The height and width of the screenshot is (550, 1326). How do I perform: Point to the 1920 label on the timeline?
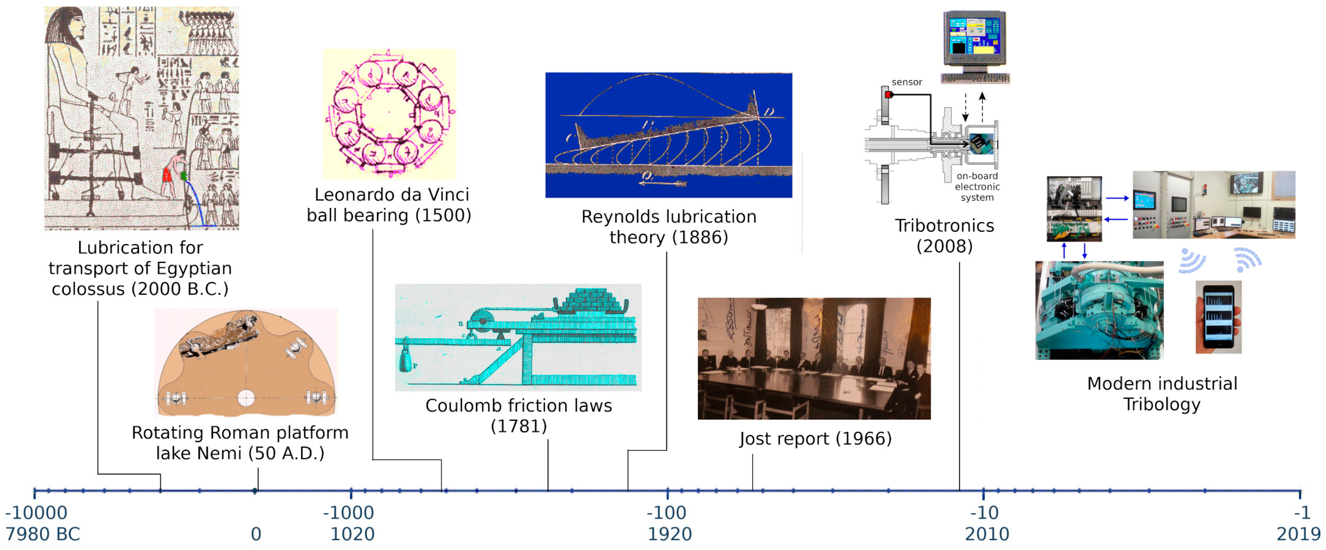(x=669, y=534)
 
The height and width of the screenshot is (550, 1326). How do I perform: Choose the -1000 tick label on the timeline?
(x=349, y=513)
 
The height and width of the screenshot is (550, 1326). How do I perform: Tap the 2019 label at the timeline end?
(x=1298, y=534)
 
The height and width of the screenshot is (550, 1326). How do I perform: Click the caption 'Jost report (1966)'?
(x=815, y=439)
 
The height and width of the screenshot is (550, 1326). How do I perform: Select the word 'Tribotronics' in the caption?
(x=944, y=225)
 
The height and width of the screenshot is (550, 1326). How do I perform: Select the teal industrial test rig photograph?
(x=1099, y=310)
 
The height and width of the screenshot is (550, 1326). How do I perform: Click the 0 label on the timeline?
(x=256, y=534)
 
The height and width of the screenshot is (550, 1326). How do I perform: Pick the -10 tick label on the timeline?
(x=984, y=513)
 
